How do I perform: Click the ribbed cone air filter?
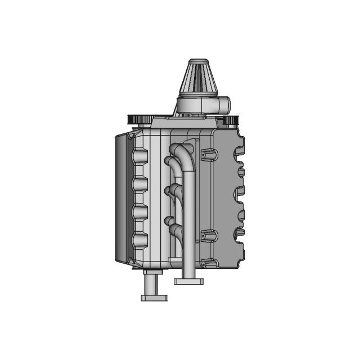[x=199, y=82]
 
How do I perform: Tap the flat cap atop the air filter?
[x=199, y=61]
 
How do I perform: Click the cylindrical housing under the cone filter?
[x=197, y=105]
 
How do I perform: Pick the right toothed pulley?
[x=231, y=119]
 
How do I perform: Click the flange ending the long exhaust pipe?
[x=188, y=280]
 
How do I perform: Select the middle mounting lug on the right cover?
[x=208, y=236]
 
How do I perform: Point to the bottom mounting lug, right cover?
[x=209, y=263]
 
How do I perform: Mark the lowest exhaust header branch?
[x=174, y=229]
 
